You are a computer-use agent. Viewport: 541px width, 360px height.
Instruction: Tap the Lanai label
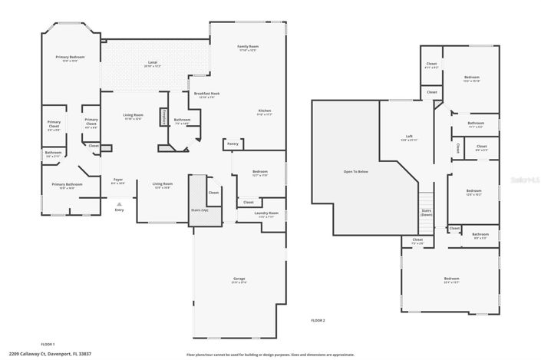[153, 64]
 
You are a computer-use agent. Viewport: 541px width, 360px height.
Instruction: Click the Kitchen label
[265, 113]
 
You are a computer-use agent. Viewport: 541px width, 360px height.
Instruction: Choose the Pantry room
[233, 144]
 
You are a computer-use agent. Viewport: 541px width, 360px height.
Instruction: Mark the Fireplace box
[163, 117]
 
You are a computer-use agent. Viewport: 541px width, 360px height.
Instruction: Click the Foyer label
[118, 181]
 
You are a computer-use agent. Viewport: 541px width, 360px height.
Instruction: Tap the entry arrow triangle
[119, 204]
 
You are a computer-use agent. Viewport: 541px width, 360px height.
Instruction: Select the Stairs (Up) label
[200, 210]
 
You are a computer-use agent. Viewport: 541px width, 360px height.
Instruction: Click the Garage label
[239, 279]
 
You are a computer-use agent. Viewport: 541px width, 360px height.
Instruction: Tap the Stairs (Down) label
[427, 212]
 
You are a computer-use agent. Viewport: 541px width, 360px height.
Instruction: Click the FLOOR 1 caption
[48, 344]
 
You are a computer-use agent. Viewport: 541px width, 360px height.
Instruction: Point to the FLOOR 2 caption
[318, 319]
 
